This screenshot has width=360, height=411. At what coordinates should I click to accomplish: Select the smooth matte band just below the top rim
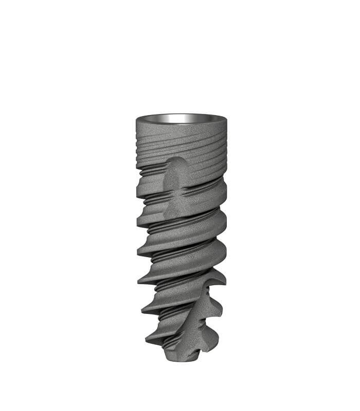point(180,128)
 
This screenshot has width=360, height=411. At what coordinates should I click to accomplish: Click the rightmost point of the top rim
point(227,120)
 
